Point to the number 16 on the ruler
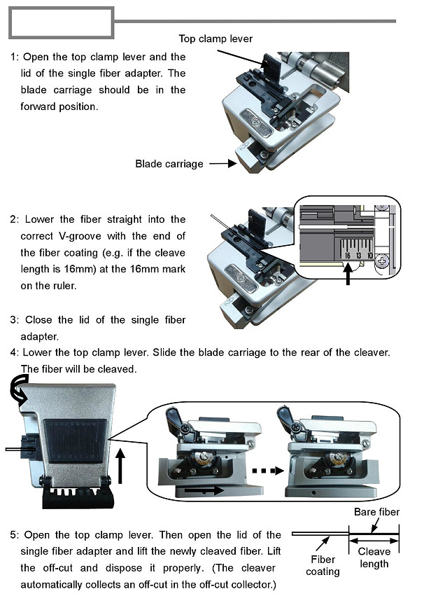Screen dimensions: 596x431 [348, 256]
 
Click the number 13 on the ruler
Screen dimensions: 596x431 [359, 256]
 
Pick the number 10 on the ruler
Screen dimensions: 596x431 [370, 256]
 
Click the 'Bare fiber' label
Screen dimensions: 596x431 [376, 512]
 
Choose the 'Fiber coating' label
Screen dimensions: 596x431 [323, 565]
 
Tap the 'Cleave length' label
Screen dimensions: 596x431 [374, 557]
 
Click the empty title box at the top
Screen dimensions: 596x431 [61, 22]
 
